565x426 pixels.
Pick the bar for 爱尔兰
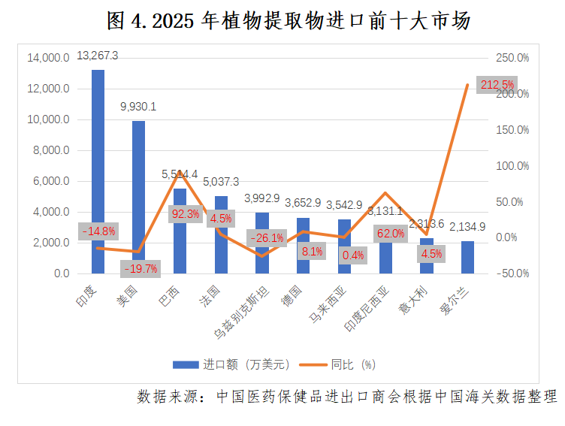click(467, 257)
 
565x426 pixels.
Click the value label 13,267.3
click(98, 56)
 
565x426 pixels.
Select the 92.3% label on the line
click(186, 214)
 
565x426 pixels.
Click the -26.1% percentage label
click(267, 239)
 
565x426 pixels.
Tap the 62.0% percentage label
click(390, 234)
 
